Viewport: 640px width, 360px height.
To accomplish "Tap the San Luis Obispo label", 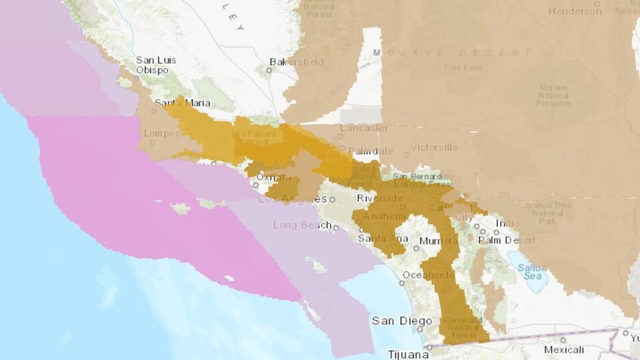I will click(156, 65).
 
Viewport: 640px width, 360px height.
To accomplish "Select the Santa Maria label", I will click(183, 103).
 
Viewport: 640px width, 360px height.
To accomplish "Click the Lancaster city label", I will click(364, 127).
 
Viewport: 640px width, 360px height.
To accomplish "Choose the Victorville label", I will click(434, 147).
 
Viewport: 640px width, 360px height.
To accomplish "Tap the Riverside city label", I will click(379, 199).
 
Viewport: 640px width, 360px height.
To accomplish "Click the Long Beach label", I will click(302, 225).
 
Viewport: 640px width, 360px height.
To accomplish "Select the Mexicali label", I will click(564, 349).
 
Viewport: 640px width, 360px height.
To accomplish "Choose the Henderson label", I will click(575, 11).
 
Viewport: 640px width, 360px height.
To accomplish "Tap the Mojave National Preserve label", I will click(553, 95).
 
